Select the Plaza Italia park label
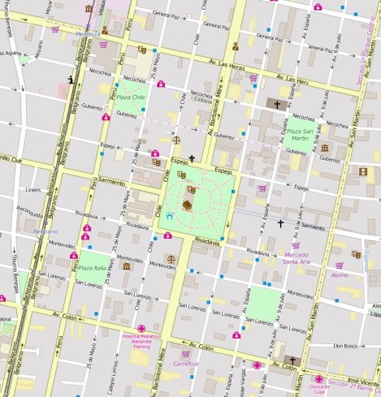click(x=92, y=268)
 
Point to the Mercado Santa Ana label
click(x=297, y=257)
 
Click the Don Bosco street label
click(x=345, y=345)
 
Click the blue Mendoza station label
click(x=89, y=34)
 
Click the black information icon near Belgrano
click(x=71, y=79)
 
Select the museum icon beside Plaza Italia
click(x=126, y=265)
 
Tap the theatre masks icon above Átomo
click(x=356, y=254)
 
